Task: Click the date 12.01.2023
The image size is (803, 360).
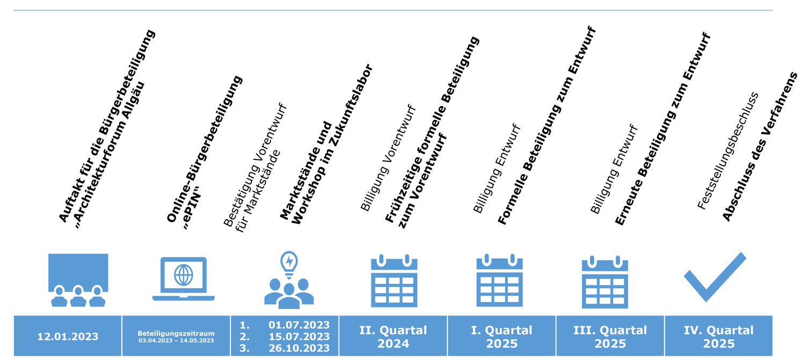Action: coord(68,337)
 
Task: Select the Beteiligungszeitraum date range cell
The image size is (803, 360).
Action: coord(176,336)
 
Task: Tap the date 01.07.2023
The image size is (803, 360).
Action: coord(299,325)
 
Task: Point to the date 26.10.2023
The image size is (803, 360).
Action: coord(299,348)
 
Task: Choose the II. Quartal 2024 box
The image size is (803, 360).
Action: coord(393,336)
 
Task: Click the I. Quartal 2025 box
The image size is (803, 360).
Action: coord(501,336)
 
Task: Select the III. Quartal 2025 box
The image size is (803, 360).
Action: coord(610,336)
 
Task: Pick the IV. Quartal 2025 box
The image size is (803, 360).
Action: coord(718,336)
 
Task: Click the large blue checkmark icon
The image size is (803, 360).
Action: coord(714,277)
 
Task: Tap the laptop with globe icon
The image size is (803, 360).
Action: coord(183,278)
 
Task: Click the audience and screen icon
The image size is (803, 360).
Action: coord(78,280)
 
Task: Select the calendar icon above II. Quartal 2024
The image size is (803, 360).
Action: coord(394,281)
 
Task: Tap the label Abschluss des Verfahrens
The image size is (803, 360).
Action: coord(758,146)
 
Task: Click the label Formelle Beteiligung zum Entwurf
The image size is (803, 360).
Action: coord(547,127)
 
